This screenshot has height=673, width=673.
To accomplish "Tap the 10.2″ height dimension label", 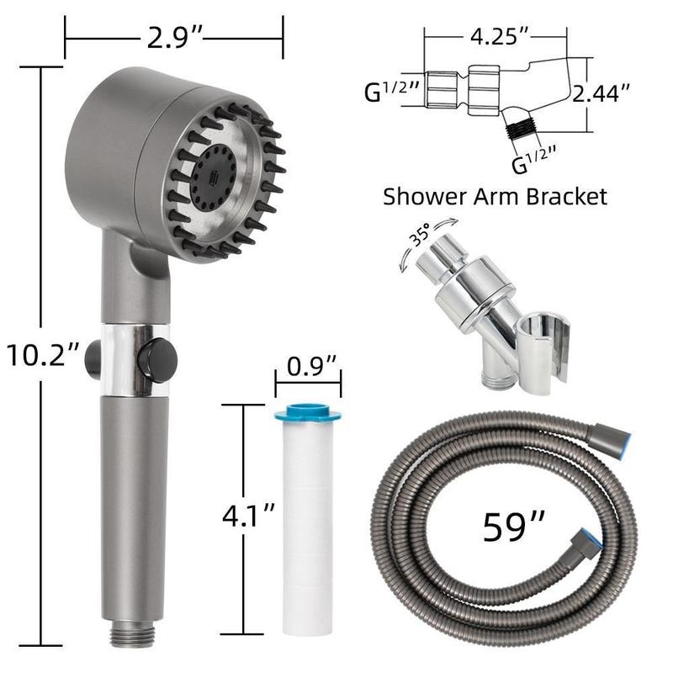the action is pos(43,355).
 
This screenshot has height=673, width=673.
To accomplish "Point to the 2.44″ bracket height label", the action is pos(601,93).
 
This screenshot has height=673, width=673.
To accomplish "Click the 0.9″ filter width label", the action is pos(311,366).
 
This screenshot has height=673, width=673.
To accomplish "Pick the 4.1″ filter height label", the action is pos(248,515).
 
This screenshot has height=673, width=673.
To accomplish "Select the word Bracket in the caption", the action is pos(566,197).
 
